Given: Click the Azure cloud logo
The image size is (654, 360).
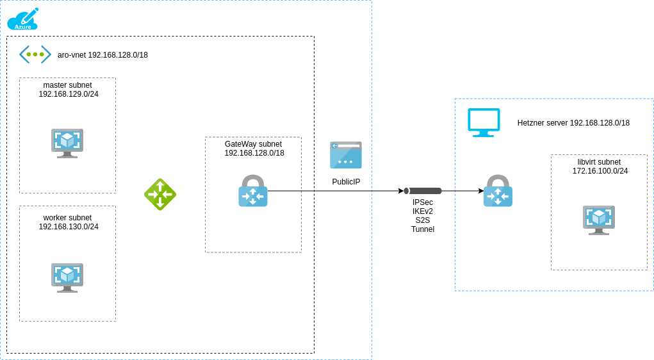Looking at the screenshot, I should [23, 20].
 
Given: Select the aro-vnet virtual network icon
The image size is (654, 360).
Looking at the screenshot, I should [35, 54].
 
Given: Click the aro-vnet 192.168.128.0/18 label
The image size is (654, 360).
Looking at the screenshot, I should [102, 55].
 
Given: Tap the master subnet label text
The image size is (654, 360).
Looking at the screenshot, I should [68, 90].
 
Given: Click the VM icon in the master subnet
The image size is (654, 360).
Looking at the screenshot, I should [67, 143].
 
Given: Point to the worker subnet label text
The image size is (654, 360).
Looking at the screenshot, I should [68, 222].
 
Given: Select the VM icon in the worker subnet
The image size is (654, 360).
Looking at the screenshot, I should [67, 277].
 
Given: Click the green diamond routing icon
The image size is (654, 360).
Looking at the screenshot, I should [160, 194].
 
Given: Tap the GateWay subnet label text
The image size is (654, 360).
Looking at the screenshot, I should [254, 149].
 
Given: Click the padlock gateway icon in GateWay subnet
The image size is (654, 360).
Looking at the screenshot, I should [253, 191].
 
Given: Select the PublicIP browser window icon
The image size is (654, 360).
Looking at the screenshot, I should [346, 155].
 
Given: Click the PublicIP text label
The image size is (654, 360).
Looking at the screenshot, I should [346, 182].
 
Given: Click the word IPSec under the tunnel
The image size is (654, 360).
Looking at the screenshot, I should [423, 202].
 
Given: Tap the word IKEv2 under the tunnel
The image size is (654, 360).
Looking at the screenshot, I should [423, 211].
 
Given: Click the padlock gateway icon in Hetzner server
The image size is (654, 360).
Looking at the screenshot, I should [498, 191].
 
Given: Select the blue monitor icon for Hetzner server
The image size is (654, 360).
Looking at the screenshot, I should [484, 122].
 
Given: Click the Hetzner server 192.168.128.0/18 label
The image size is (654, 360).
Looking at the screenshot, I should [573, 123].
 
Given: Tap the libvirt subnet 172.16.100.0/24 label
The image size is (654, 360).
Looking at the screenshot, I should [600, 167].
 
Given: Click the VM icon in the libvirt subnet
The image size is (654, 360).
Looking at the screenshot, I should [599, 220].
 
